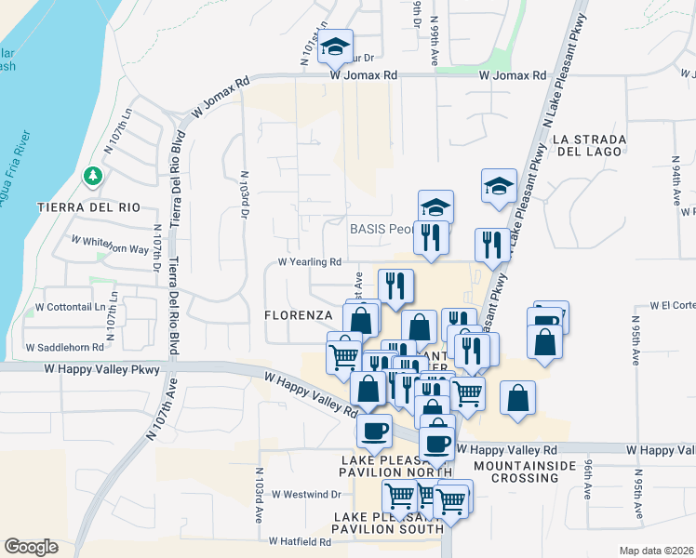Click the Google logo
[x=32, y=547]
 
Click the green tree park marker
[x=92, y=174]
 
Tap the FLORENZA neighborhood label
[x=298, y=315]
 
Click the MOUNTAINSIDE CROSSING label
[x=515, y=471]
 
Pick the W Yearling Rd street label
[x=312, y=262]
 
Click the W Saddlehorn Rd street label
[x=63, y=347]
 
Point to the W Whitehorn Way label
[x=111, y=245]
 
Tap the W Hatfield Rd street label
[x=300, y=540]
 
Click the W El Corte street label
[x=673, y=304]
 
